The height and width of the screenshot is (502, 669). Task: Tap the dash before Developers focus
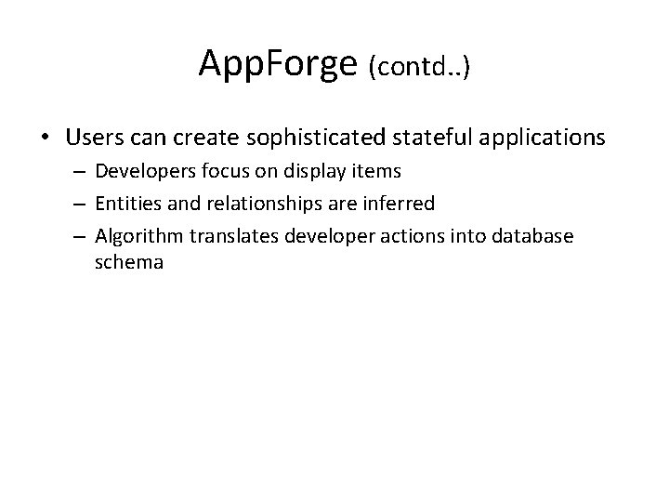(x=81, y=172)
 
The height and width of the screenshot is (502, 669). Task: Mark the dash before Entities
(x=81, y=204)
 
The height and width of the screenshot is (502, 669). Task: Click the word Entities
(x=126, y=204)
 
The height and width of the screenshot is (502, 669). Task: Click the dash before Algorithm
(x=81, y=236)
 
